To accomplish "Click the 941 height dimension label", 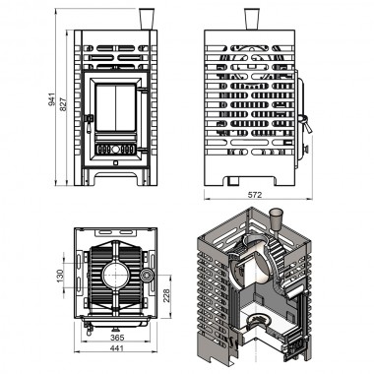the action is pyautogui.click(x=52, y=99).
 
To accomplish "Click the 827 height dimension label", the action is pyautogui.click(x=63, y=103).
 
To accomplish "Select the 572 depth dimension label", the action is pyautogui.click(x=255, y=195).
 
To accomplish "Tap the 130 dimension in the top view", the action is pyautogui.click(x=60, y=276).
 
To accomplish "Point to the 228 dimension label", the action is pyautogui.click(x=166, y=296).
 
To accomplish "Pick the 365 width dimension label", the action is pyautogui.click(x=117, y=338).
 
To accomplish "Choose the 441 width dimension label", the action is pyautogui.click(x=117, y=348).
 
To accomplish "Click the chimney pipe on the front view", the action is pyautogui.click(x=146, y=19).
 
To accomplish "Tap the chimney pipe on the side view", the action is pyautogui.click(x=252, y=19).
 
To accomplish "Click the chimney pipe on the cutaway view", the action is pyautogui.click(x=276, y=219).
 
